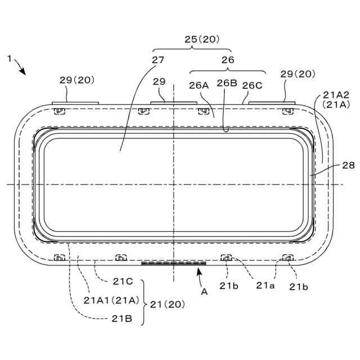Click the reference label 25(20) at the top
point(202,39)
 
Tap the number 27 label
point(158,60)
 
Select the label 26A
point(199,85)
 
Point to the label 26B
point(227,83)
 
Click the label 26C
point(253,85)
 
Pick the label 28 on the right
point(348,165)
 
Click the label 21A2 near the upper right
point(336,94)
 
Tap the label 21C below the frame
point(123,281)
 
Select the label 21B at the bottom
point(122,319)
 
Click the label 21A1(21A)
point(111,300)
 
